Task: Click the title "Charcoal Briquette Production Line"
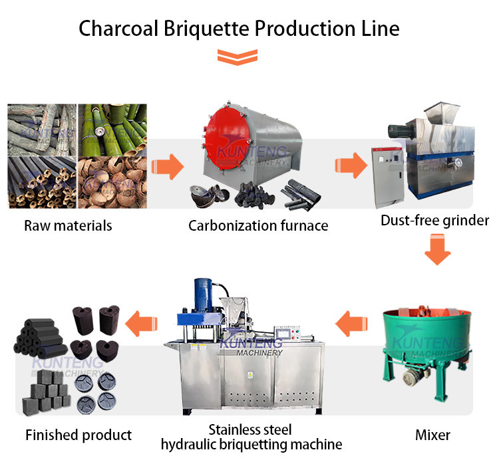coord(239,28)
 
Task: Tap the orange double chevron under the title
coord(239,57)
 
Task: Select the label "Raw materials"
coord(68,225)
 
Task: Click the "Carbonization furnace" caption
coord(258,225)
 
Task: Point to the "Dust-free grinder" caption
coord(434,220)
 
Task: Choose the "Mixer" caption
coord(432,435)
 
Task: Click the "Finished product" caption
coord(79,435)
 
